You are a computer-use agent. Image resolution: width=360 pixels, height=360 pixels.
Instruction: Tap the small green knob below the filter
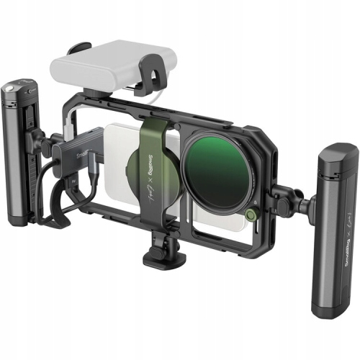coord(250,214)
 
